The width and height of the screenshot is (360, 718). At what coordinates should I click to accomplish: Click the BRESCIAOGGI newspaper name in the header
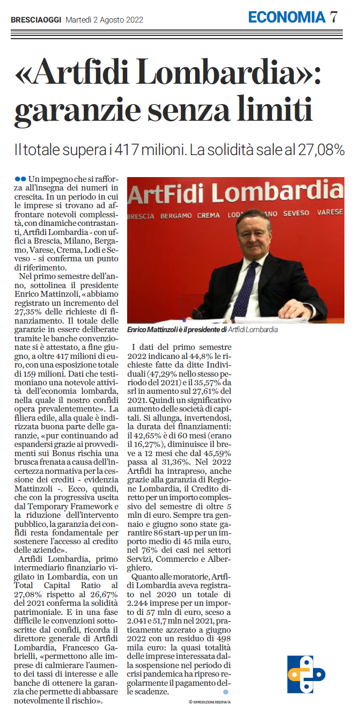pyautogui.click(x=35, y=20)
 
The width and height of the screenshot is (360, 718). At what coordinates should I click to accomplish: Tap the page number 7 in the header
pyautogui.click(x=334, y=17)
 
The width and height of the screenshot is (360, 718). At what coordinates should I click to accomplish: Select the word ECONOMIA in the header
pyautogui.click(x=286, y=17)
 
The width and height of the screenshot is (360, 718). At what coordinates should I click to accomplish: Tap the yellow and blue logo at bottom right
pyautogui.click(x=305, y=674)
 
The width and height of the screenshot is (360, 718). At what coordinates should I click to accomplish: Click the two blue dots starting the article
pyautogui.click(x=20, y=178)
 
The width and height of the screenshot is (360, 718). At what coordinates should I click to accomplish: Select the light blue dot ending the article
pyautogui.click(x=225, y=692)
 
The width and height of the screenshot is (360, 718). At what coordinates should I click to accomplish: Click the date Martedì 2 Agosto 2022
pyautogui.click(x=104, y=20)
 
